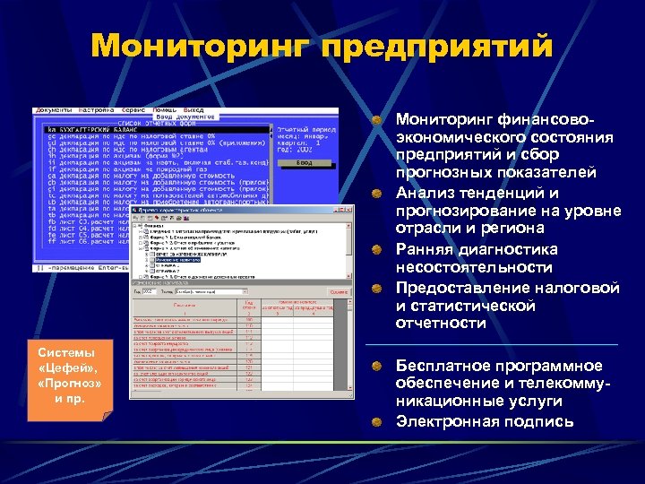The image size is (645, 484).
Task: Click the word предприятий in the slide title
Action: [435, 44]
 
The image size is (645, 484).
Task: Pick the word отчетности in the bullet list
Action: [442, 324]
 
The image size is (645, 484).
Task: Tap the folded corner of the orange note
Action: [106, 414]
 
